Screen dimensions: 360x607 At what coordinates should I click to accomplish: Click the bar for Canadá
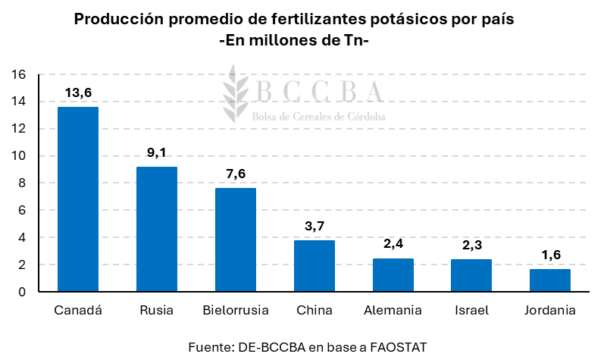pos(78,199)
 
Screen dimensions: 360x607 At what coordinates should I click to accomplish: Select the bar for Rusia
pos(157,229)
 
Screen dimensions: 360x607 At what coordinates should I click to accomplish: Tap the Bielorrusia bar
pos(236,239)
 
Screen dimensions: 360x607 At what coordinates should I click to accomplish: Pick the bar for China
pos(314,266)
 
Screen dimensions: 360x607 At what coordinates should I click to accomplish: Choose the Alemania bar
pos(393,275)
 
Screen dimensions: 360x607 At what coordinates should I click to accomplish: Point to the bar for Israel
pos(472,276)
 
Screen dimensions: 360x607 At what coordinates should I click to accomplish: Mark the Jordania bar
pos(551,280)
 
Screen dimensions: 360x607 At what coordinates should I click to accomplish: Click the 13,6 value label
pos(78,93)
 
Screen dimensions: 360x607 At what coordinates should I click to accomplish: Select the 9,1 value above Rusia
pos(157,153)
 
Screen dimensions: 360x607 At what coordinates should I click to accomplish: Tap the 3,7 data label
pos(314,227)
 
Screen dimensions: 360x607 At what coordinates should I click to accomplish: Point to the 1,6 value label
pos(551,255)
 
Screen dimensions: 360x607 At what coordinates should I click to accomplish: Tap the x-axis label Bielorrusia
pos(236,311)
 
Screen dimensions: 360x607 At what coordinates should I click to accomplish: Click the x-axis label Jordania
pos(551,311)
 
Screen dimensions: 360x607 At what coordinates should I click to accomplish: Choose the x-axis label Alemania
pos(393,311)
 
